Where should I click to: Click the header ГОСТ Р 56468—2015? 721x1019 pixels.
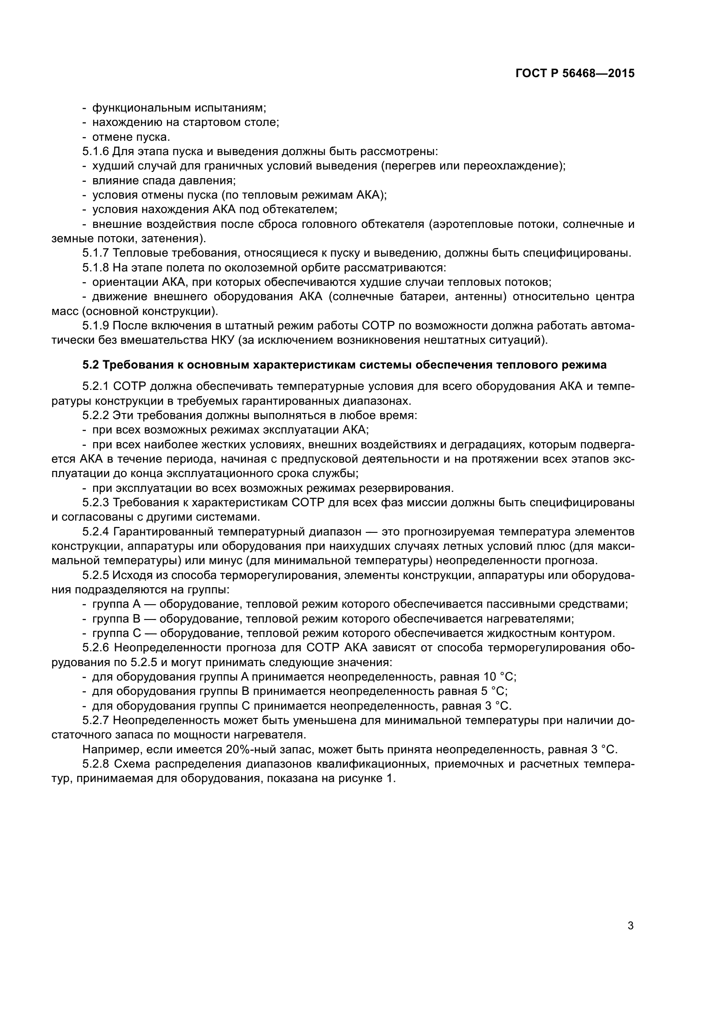click(575, 74)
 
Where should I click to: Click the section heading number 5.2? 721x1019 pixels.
click(91, 365)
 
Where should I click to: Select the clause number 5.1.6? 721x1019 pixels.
click(95, 151)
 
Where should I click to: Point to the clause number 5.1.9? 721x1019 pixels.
click(95, 326)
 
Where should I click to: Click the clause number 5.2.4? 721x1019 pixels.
click(95, 531)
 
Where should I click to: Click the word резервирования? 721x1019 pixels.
click(407, 488)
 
